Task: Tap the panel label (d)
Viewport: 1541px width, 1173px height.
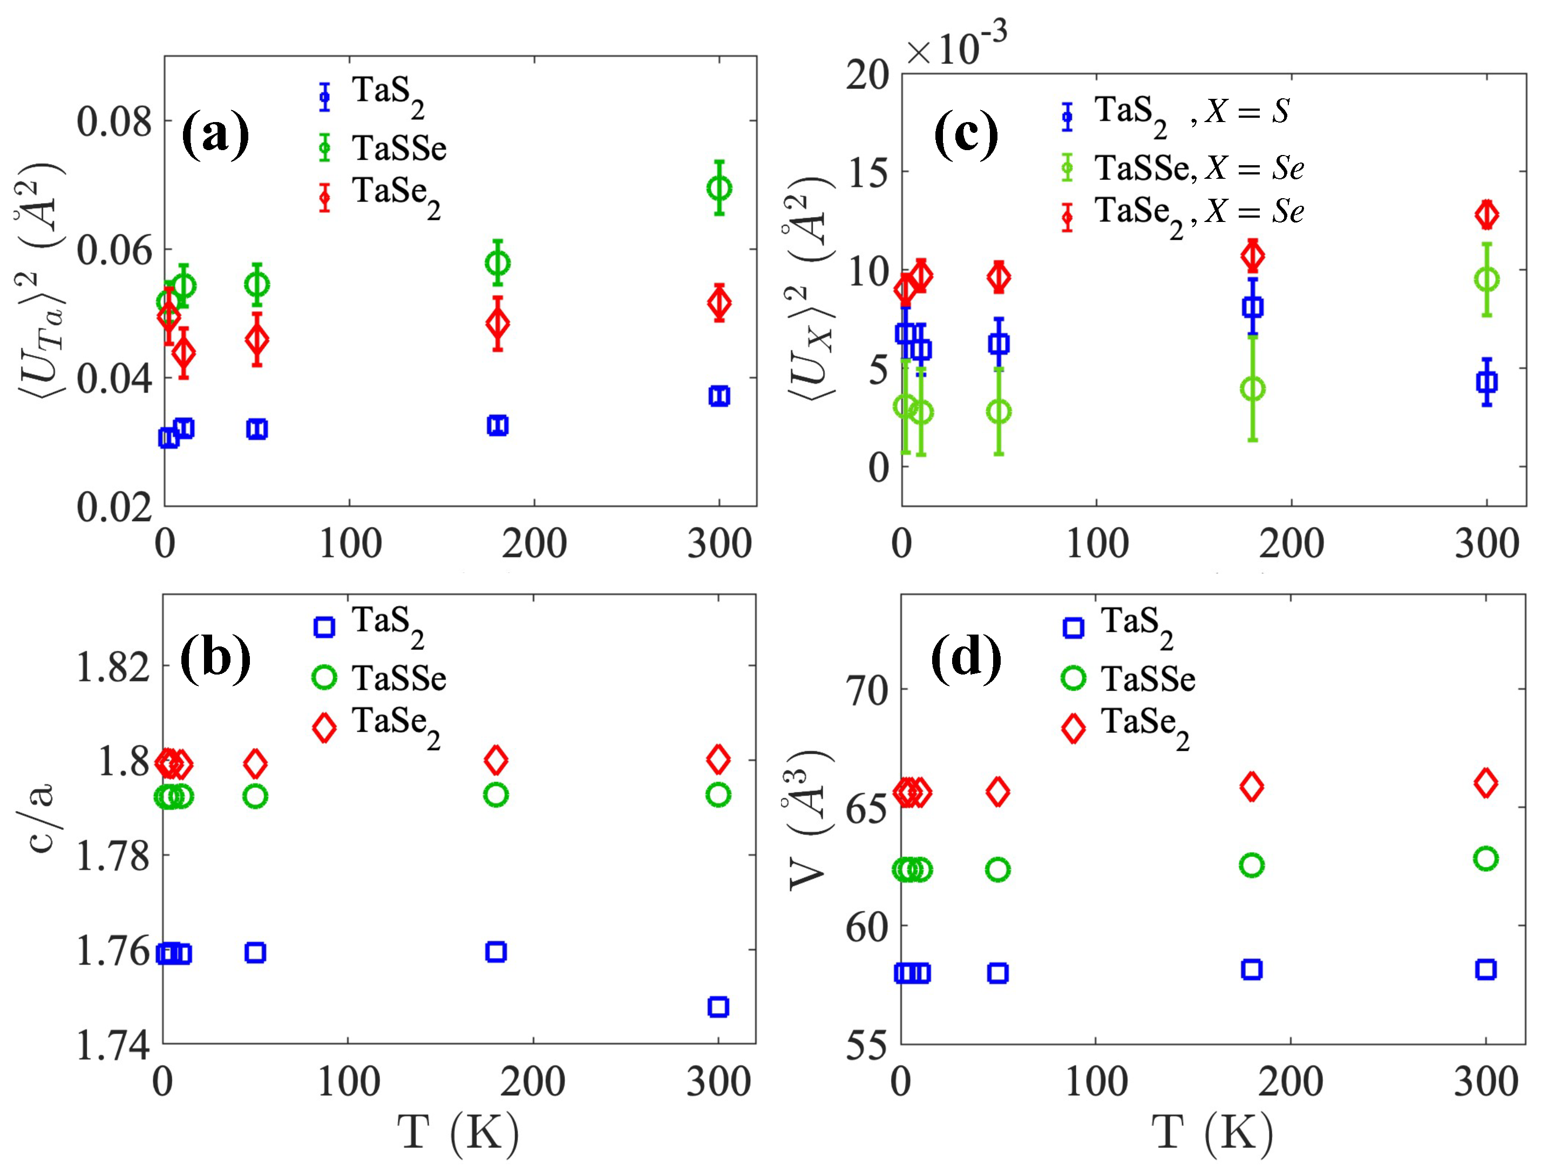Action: pyautogui.click(x=966, y=658)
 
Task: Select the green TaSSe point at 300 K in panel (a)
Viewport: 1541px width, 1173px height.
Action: pyautogui.click(x=719, y=188)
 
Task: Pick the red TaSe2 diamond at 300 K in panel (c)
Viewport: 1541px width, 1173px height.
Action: pyautogui.click(x=1486, y=214)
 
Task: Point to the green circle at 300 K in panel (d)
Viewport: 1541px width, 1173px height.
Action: pyautogui.click(x=1486, y=858)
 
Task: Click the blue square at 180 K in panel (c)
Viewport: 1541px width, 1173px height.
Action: pyautogui.click(x=1253, y=307)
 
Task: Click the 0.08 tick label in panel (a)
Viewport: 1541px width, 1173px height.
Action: pyautogui.click(x=114, y=122)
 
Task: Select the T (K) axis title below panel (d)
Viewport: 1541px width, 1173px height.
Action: pyautogui.click(x=1211, y=1131)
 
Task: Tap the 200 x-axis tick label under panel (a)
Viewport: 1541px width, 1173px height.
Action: pyautogui.click(x=534, y=543)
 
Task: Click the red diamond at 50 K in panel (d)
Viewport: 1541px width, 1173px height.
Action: pyautogui.click(x=998, y=792)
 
